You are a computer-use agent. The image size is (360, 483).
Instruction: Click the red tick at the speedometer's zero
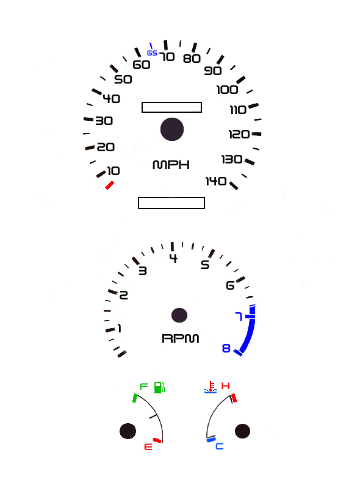110,185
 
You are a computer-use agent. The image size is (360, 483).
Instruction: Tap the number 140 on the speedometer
216,181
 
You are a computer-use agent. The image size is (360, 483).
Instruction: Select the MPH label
171,165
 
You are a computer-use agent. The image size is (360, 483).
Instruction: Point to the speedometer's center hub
172,129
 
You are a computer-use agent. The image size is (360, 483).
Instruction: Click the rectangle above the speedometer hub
171,107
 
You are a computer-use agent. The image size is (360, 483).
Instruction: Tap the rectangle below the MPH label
171,203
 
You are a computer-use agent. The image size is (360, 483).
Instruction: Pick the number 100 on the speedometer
227,90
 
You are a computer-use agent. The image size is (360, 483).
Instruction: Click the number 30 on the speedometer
104,121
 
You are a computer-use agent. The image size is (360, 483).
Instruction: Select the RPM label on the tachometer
181,338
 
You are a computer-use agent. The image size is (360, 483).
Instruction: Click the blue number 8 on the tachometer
226,348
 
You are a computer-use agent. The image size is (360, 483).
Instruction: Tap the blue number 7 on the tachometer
239,317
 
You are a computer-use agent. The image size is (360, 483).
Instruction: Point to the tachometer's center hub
179,315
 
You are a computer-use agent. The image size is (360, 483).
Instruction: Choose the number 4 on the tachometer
173,258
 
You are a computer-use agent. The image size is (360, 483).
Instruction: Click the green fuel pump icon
159,387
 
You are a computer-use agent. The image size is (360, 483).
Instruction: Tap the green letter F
144,386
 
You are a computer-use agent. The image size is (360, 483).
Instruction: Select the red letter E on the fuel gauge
148,446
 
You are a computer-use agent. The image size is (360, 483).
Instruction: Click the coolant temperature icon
211,387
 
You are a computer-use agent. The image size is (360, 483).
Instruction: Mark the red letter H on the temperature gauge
226,385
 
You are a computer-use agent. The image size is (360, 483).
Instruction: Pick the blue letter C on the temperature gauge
220,446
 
